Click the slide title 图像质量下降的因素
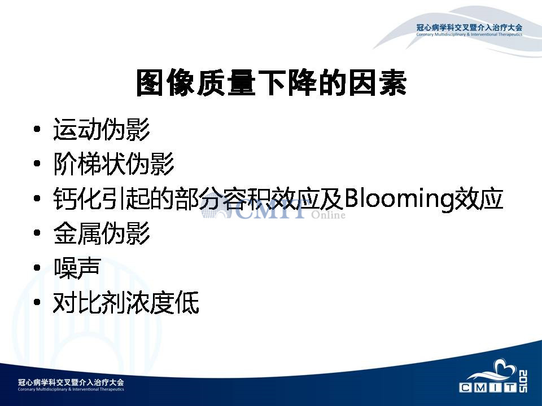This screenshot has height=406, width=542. tap(272, 82)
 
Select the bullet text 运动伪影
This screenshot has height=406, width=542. tap(102, 130)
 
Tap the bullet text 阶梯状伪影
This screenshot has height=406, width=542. tap(113, 164)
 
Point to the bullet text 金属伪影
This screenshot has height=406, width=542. tap(102, 233)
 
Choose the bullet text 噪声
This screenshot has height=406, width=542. tap(77, 268)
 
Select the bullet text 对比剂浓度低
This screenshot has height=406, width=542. tap(126, 302)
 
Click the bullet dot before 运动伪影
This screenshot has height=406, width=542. tap(37, 130)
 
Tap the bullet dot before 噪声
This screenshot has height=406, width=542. tap(37, 267)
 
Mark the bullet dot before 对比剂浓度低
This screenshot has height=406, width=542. tap(37, 302)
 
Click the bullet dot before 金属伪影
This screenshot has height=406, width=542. tap(37, 233)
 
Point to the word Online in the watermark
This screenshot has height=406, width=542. tap(328, 215)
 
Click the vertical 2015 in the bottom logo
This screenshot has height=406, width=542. tap(523, 381)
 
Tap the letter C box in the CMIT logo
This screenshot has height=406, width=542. tap(465, 387)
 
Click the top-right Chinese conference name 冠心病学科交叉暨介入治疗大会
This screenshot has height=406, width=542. tap(469, 27)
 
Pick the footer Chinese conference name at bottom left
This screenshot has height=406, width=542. tap(71, 382)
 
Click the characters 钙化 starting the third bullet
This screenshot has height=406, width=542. tap(77, 199)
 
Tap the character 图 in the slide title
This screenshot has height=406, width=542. tap(150, 82)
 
